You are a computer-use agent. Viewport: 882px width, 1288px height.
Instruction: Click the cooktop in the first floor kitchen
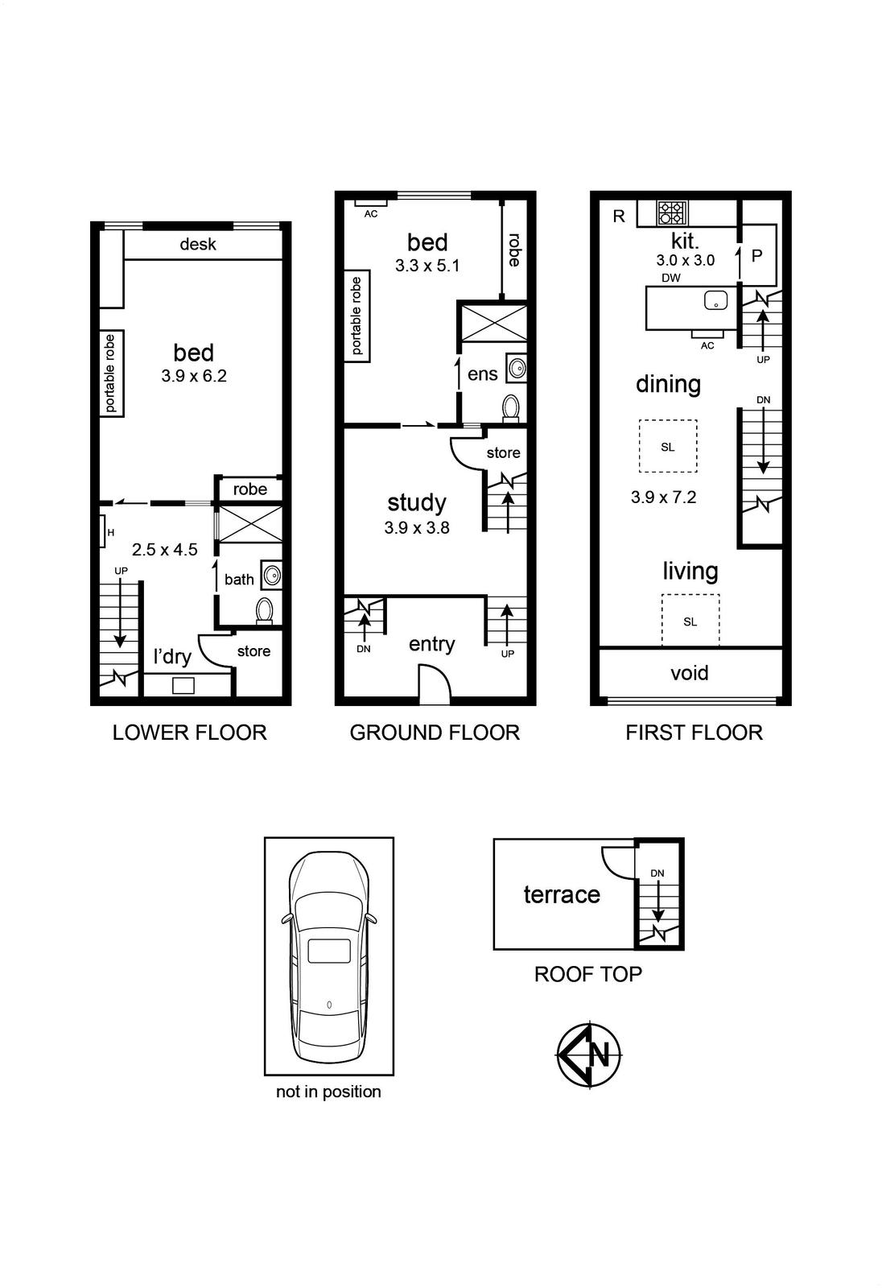(672, 213)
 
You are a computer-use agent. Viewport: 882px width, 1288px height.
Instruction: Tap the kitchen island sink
(716, 299)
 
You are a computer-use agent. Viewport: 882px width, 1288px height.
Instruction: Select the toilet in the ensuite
(510, 407)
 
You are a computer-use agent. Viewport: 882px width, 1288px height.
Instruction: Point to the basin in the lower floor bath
(271, 575)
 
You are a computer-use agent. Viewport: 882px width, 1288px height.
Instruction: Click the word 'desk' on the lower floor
(198, 245)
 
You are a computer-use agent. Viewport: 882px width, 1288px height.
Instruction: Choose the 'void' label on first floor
(690, 673)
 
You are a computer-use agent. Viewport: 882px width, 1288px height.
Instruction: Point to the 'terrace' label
(562, 894)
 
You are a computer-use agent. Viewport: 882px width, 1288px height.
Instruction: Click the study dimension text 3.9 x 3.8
(417, 528)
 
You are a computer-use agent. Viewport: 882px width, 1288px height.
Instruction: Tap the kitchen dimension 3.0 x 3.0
(686, 261)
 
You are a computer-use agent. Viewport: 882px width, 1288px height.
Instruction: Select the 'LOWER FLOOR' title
(190, 733)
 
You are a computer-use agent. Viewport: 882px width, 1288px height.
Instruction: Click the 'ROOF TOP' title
(588, 974)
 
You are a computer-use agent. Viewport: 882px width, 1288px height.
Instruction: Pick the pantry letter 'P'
(757, 255)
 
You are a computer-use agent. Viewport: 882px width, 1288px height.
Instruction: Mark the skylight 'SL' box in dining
(668, 446)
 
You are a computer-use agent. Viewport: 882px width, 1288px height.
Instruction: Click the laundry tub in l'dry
(183, 685)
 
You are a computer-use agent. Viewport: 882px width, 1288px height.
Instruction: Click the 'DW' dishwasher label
(671, 279)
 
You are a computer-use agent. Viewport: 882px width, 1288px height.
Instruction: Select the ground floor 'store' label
(503, 452)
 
